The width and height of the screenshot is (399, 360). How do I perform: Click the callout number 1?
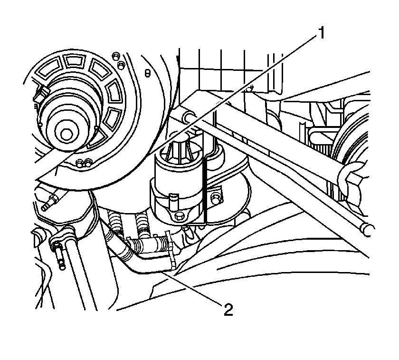[x=322, y=33]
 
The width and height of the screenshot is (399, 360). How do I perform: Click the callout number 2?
[x=228, y=310]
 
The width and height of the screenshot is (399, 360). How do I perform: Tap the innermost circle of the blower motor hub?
[x=66, y=134]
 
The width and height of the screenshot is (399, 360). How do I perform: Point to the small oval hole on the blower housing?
[x=147, y=73]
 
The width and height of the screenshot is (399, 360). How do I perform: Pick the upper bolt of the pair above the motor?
[x=116, y=56]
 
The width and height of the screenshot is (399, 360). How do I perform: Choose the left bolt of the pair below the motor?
[x=81, y=163]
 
